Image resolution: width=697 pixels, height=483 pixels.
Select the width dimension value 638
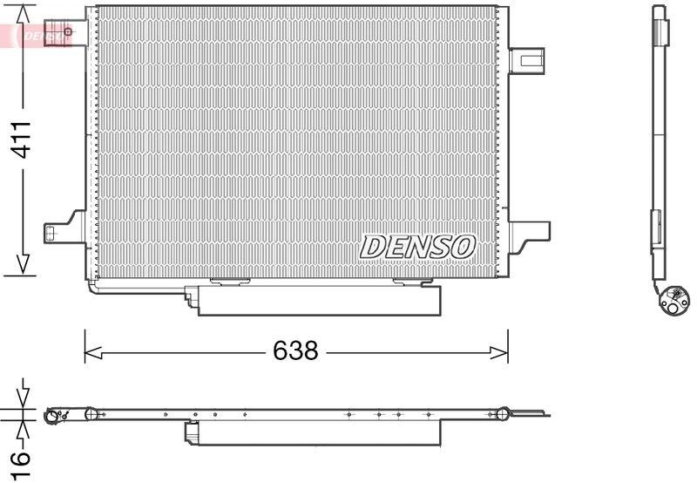pos(295,352)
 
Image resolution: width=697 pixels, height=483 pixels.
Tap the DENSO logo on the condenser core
pos(417,248)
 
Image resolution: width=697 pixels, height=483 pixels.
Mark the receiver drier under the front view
pos(320,300)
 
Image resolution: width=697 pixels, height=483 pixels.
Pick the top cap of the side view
pos(661,25)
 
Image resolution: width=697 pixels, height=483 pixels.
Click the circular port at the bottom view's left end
pos(54,417)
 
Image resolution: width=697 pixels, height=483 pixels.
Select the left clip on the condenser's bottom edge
pos(230,281)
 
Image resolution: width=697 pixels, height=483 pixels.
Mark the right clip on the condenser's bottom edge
pos(412,281)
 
